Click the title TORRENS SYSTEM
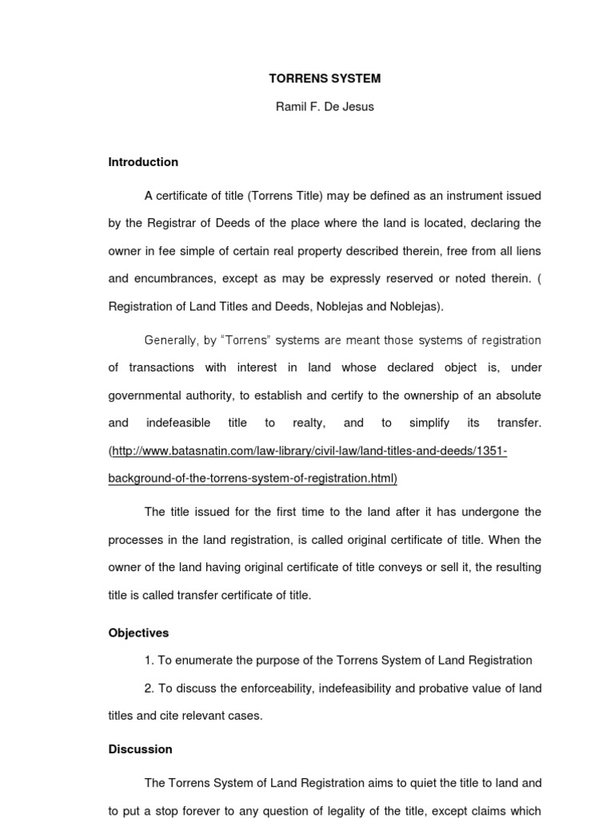(x=324, y=78)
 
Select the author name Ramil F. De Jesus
(x=324, y=106)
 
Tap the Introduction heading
(x=143, y=162)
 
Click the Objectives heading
(x=138, y=633)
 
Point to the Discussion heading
(x=140, y=749)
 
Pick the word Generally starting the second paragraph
(x=170, y=340)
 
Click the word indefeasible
(x=177, y=423)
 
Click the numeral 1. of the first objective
(x=150, y=660)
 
